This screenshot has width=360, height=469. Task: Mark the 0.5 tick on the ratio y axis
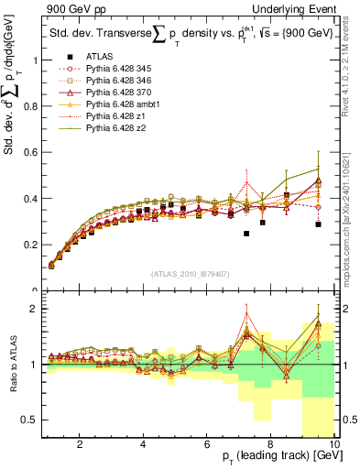tap(31, 420)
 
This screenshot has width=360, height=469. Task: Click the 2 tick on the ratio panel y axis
tap(34, 309)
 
